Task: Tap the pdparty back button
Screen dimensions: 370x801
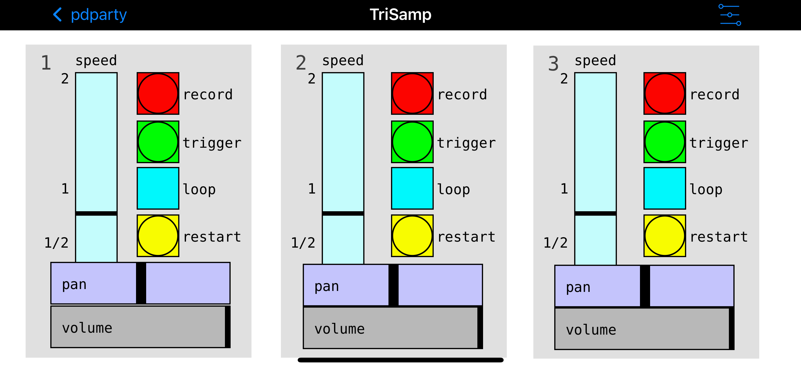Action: click(90, 15)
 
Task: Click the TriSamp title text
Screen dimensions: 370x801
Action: click(400, 15)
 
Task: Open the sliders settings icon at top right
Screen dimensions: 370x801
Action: click(730, 15)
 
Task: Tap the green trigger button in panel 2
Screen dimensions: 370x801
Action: click(412, 142)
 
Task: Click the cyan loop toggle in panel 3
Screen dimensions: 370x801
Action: click(665, 188)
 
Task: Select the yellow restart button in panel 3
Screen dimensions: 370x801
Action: click(665, 236)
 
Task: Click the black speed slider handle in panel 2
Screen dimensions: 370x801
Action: click(343, 213)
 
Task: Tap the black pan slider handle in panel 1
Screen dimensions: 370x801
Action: click(141, 283)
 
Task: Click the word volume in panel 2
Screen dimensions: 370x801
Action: click(339, 329)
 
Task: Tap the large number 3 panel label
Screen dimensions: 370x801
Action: click(553, 64)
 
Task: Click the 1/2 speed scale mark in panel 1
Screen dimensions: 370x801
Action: click(56, 243)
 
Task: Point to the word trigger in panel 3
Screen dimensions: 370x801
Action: click(719, 143)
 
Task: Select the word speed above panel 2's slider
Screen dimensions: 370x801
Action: click(343, 60)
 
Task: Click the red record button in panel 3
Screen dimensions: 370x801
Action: click(665, 94)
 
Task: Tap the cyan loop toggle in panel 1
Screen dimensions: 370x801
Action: click(158, 188)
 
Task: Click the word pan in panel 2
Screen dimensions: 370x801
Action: click(326, 287)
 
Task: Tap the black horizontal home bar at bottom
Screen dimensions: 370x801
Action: click(400, 360)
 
